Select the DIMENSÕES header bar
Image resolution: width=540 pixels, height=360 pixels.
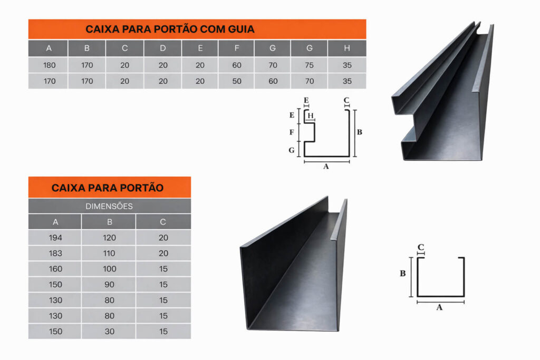click(110, 206)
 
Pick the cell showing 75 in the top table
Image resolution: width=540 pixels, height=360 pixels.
click(309, 65)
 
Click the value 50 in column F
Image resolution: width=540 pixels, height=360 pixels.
click(237, 81)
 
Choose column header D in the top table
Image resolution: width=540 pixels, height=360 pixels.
click(163, 48)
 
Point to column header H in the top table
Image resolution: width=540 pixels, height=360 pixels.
click(347, 48)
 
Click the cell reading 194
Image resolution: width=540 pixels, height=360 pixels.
click(55, 238)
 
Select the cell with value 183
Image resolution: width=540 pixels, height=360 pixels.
click(55, 254)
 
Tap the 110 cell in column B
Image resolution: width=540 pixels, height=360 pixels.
click(109, 254)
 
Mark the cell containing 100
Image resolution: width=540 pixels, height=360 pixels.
click(109, 269)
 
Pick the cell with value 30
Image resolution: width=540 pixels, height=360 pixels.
click(109, 332)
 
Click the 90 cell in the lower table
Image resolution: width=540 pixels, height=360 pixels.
click(109, 285)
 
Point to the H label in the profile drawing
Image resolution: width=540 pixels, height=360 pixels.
click(311, 115)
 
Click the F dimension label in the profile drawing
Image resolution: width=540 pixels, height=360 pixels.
click(292, 132)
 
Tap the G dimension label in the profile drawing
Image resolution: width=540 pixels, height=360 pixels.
click(291, 150)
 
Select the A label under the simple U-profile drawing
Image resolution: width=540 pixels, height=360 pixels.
click(439, 307)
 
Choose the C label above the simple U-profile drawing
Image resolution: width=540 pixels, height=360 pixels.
click(420, 247)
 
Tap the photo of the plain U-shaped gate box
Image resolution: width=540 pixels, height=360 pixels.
click(294, 264)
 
